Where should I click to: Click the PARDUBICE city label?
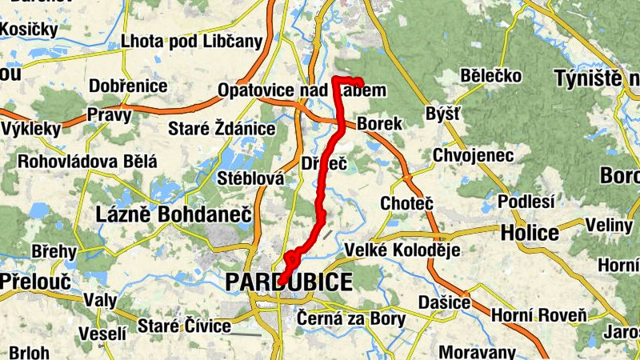(x=289, y=282)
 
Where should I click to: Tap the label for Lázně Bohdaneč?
(x=173, y=214)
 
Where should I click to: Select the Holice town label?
(x=530, y=233)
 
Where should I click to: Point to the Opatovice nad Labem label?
(x=302, y=90)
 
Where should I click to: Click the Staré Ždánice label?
(x=222, y=129)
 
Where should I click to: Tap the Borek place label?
(x=379, y=124)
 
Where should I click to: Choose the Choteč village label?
(x=406, y=203)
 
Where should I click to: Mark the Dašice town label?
(x=444, y=303)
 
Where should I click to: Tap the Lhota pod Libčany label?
(x=191, y=42)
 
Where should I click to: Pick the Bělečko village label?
(x=491, y=76)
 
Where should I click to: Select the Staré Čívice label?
(x=184, y=326)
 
